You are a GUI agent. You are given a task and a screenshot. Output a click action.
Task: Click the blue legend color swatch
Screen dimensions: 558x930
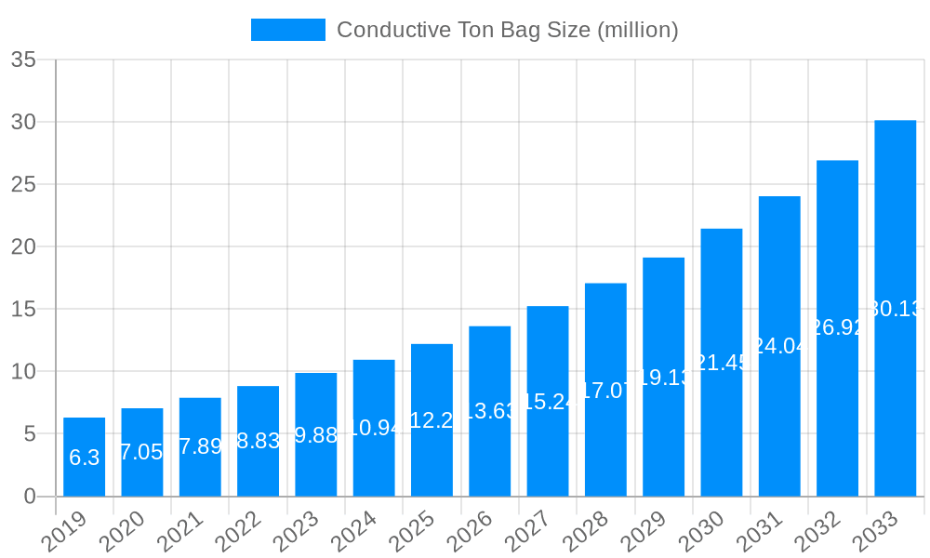[x=288, y=30]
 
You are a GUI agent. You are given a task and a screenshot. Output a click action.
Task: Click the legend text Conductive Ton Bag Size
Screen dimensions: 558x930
[x=508, y=30]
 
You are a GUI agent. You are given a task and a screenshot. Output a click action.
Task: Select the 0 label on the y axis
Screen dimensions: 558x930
[x=30, y=496]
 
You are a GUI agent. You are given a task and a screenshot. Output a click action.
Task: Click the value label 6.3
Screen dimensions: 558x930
[x=85, y=458]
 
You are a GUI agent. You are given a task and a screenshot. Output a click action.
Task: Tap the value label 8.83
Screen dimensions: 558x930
[x=259, y=441]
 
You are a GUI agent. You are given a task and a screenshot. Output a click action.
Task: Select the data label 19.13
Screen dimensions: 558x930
[x=664, y=377]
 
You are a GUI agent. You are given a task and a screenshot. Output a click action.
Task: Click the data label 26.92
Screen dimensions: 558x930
[x=838, y=326]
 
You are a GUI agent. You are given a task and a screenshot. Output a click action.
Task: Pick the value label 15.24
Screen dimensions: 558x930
[x=548, y=401]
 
